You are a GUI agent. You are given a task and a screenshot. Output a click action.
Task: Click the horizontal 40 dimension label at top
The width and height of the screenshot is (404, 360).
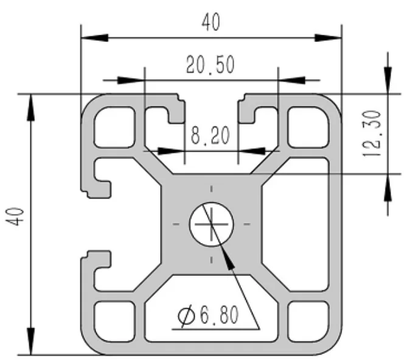pos(211,23)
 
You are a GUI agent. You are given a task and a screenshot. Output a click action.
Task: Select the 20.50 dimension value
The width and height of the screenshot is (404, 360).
pos(211,65)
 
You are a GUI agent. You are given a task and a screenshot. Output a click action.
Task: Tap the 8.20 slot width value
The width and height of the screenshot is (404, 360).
pos(211,135)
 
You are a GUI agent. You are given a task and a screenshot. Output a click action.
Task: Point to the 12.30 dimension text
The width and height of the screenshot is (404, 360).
pos(372,133)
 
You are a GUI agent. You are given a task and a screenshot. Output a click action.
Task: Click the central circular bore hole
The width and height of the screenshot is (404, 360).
pos(211,224)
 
